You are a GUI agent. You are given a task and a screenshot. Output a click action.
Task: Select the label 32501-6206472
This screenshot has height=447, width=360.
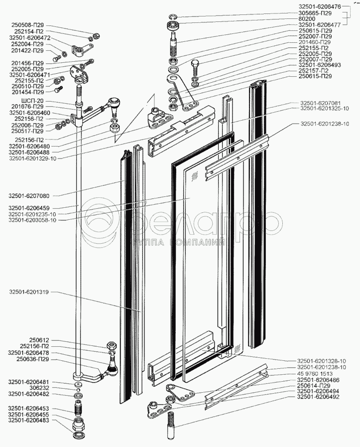point(29,38)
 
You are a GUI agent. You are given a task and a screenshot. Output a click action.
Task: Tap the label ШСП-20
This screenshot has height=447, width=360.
point(32,101)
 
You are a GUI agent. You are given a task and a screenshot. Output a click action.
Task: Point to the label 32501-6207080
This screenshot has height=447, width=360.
point(29,196)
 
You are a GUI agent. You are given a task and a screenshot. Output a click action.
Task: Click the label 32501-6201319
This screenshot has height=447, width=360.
point(29,292)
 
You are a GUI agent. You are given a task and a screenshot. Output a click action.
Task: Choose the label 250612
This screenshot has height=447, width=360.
point(39,340)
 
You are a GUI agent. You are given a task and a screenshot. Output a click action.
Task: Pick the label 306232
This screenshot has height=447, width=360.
point(39,388)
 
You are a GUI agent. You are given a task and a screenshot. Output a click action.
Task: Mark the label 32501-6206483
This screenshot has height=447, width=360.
point(28,421)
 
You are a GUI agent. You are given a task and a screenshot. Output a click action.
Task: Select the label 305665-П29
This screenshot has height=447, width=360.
point(315,13)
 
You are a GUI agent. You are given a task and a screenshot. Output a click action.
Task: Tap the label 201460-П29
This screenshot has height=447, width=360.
point(315,42)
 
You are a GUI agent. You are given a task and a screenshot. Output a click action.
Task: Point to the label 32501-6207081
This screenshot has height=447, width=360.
point(320,103)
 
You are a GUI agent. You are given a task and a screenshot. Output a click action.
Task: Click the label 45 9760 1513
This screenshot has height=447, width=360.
point(315,374)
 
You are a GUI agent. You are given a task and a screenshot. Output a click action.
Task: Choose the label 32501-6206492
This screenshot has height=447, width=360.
point(318,397)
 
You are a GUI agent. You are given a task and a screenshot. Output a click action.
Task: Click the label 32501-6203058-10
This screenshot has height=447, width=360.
point(32,220)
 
